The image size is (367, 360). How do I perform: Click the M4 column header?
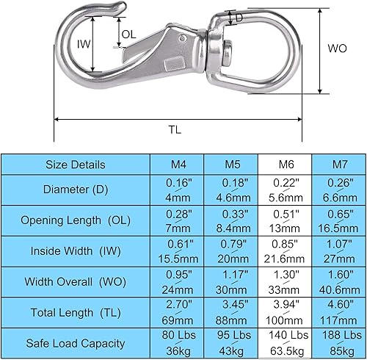[177, 165]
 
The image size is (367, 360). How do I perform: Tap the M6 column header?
[285, 165]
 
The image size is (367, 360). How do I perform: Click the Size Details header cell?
[76, 165]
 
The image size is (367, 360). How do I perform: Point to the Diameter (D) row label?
[76, 190]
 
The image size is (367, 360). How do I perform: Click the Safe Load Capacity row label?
[76, 343]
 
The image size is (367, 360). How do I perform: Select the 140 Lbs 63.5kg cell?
[285, 343]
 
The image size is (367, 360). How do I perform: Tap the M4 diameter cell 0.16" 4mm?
[177, 190]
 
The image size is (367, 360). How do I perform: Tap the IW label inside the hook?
[84, 44]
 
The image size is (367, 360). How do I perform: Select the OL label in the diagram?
[128, 35]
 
